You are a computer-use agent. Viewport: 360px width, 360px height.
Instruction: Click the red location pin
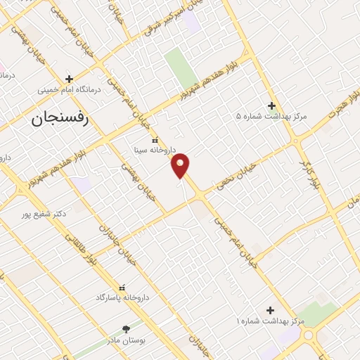tap(181, 165)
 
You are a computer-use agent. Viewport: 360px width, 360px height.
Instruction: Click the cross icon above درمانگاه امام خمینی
tap(69, 79)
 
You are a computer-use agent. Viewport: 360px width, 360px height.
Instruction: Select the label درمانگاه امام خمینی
tap(70, 90)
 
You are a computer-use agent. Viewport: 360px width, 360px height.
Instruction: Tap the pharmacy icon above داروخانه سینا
tap(155, 139)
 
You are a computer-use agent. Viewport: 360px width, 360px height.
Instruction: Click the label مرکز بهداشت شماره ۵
tap(271, 116)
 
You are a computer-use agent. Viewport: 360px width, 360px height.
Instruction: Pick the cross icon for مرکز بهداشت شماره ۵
tap(271, 105)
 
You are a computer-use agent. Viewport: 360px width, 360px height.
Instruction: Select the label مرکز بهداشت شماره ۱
tap(271, 321)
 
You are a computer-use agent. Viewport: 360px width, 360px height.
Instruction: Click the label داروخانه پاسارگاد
tap(123, 297)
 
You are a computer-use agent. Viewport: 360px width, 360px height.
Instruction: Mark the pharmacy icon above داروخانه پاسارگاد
tap(123, 287)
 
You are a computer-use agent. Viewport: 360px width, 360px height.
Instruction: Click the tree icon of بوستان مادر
tap(127, 328)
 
